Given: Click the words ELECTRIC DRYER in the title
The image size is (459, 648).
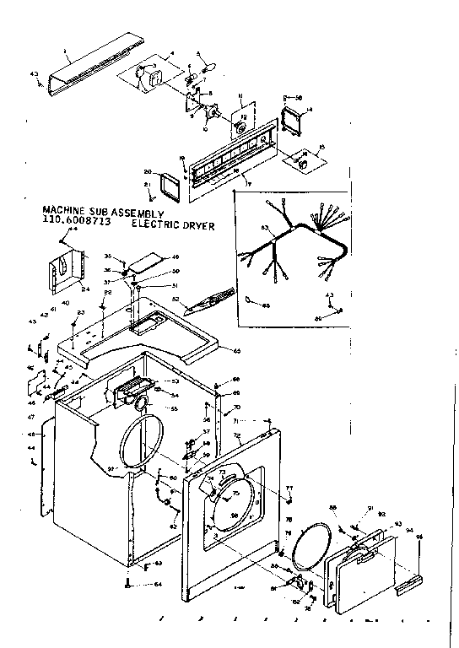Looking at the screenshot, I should [x=173, y=225].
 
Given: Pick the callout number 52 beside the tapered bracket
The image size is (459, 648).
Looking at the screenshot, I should [x=175, y=299].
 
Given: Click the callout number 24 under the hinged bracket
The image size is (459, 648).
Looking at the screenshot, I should [x=85, y=289].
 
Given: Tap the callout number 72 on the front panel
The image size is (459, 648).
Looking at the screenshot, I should [x=237, y=436].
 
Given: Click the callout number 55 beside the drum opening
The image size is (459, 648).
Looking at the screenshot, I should [x=175, y=408].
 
